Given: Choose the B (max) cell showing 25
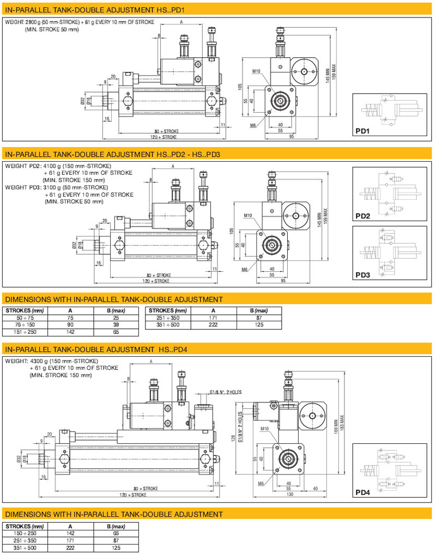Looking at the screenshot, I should pos(116,317).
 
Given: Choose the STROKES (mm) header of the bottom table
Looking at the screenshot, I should pos(25,527).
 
